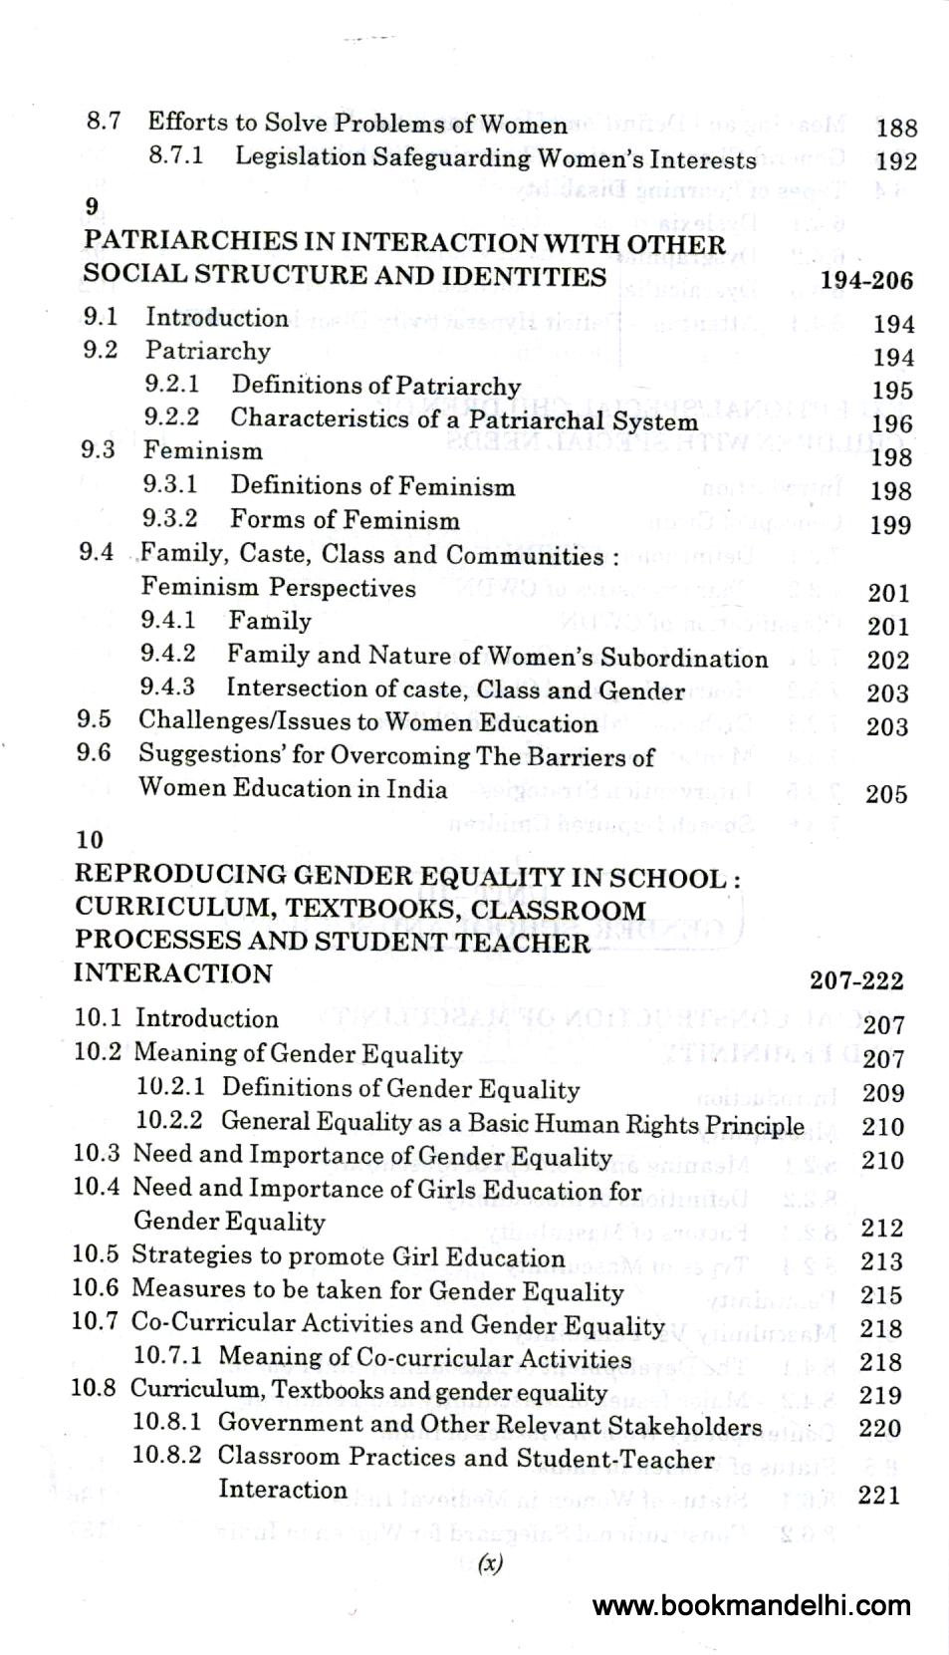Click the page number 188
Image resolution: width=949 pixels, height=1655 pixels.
coord(896,128)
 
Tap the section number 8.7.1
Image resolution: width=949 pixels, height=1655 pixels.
coord(176,156)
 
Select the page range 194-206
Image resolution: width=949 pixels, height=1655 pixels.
coord(866,280)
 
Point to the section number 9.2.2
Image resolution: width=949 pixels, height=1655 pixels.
coord(171,416)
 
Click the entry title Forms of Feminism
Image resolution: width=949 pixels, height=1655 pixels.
coord(345,519)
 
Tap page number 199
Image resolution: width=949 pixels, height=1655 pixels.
coord(890,525)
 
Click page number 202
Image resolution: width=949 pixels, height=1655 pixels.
coord(888,660)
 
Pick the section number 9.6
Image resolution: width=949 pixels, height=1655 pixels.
coord(94,753)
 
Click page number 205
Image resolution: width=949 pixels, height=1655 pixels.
coord(886,794)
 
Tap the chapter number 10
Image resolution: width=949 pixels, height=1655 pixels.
coord(90,840)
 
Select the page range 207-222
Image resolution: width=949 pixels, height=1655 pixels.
coord(856,980)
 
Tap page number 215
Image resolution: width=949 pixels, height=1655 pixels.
coord(881,1295)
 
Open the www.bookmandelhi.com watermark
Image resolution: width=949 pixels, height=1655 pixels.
coord(752,1605)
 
